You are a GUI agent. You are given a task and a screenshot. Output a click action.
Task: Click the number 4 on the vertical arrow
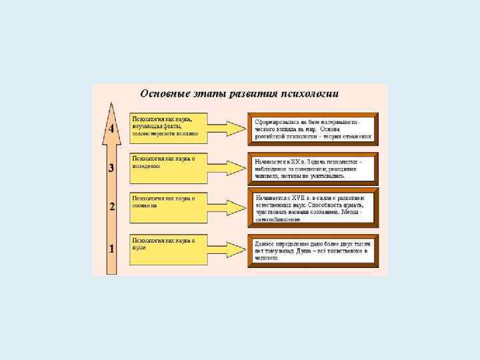(x=112, y=128)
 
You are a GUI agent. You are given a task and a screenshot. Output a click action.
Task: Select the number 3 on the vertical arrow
(x=112, y=168)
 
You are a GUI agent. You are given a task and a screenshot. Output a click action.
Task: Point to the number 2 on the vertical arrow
(x=112, y=207)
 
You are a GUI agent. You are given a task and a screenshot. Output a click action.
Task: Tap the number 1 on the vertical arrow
(x=112, y=249)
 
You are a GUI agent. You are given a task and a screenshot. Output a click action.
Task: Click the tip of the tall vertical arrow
(x=112, y=105)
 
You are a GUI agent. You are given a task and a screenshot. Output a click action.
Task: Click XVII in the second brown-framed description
(x=295, y=198)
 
